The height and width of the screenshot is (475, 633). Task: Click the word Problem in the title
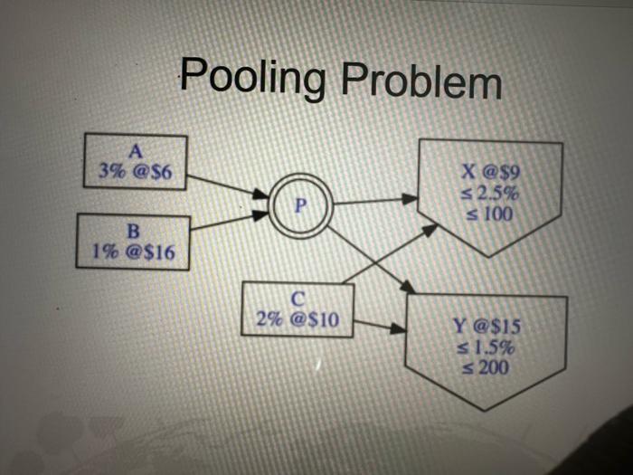pyautogui.click(x=420, y=82)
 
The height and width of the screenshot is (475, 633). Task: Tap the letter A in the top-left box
pyautogui.click(x=136, y=150)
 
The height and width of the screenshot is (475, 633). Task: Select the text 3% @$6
pyautogui.click(x=136, y=170)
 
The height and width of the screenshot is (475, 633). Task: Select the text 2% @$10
pyautogui.click(x=297, y=318)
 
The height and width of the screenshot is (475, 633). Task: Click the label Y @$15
pyautogui.click(x=488, y=328)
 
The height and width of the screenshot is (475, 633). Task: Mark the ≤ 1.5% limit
pyautogui.click(x=488, y=347)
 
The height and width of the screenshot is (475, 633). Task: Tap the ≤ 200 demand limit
pyautogui.click(x=488, y=367)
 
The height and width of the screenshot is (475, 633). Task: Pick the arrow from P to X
pyautogui.click(x=375, y=201)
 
